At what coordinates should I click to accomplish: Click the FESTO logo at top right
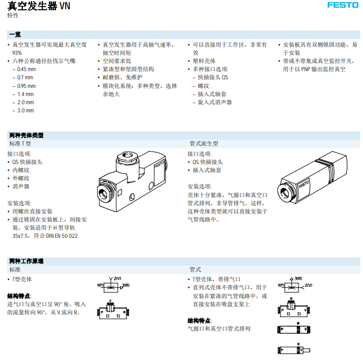(342, 5)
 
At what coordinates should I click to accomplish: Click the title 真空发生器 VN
(39, 7)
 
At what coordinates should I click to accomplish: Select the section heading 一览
(15, 34)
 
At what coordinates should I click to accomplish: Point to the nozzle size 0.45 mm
(27, 69)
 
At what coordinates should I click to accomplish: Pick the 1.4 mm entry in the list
(25, 94)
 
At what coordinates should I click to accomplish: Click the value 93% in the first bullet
(17, 53)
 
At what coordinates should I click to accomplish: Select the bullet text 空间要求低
(117, 61)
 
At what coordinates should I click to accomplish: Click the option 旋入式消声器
(215, 102)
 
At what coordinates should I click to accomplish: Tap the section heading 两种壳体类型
(26, 135)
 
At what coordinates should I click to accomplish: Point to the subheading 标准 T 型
(20, 143)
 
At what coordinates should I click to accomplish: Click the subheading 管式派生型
(203, 143)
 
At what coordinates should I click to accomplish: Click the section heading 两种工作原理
(26, 261)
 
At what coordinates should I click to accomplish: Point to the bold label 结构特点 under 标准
(19, 296)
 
